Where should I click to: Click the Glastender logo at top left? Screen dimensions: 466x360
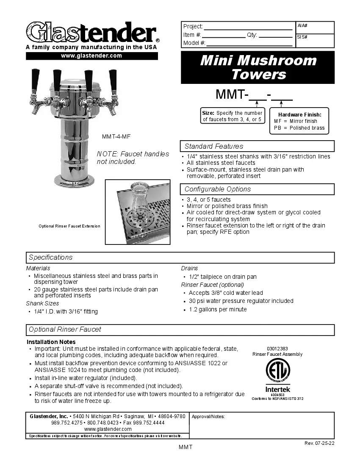pyautogui.click(x=91, y=32)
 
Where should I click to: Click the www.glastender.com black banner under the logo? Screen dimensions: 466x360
pyautogui.click(x=91, y=56)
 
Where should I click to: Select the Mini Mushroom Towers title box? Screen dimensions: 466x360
pyautogui.click(x=258, y=67)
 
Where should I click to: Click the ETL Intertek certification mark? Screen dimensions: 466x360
pyautogui.click(x=278, y=375)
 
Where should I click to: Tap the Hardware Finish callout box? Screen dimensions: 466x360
pyautogui.click(x=299, y=121)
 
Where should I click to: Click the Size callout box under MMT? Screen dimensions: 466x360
pyautogui.click(x=232, y=116)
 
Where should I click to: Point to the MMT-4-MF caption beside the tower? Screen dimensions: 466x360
pyautogui.click(x=113, y=137)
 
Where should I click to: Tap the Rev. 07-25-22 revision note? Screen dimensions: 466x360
pyautogui.click(x=319, y=443)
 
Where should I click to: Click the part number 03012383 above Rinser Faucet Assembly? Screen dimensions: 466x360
pyautogui.click(x=277, y=349)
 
